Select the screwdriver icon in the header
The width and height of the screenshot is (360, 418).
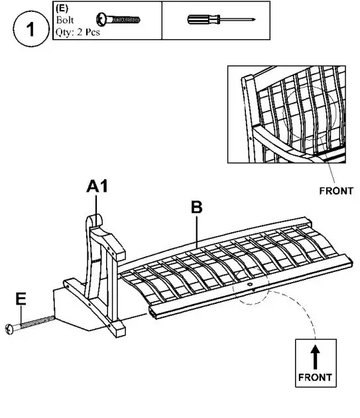pos(215,20)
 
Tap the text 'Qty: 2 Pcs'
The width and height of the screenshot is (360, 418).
pos(78,31)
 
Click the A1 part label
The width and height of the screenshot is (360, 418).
pos(97,188)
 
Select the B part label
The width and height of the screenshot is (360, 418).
pos(196,207)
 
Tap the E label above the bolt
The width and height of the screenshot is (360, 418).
pos(21,300)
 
